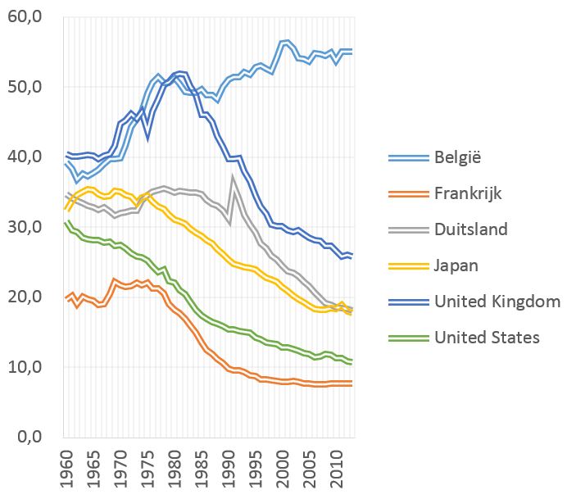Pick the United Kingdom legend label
click(498, 302)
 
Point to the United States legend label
click(488, 337)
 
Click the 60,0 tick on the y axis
click(29, 17)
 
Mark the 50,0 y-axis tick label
click(29, 87)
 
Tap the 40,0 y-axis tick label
click(29, 157)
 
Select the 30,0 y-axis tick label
click(29, 227)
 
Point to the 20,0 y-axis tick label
click(29, 297)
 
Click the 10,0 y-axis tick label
click(29, 366)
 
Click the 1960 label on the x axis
click(65, 468)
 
